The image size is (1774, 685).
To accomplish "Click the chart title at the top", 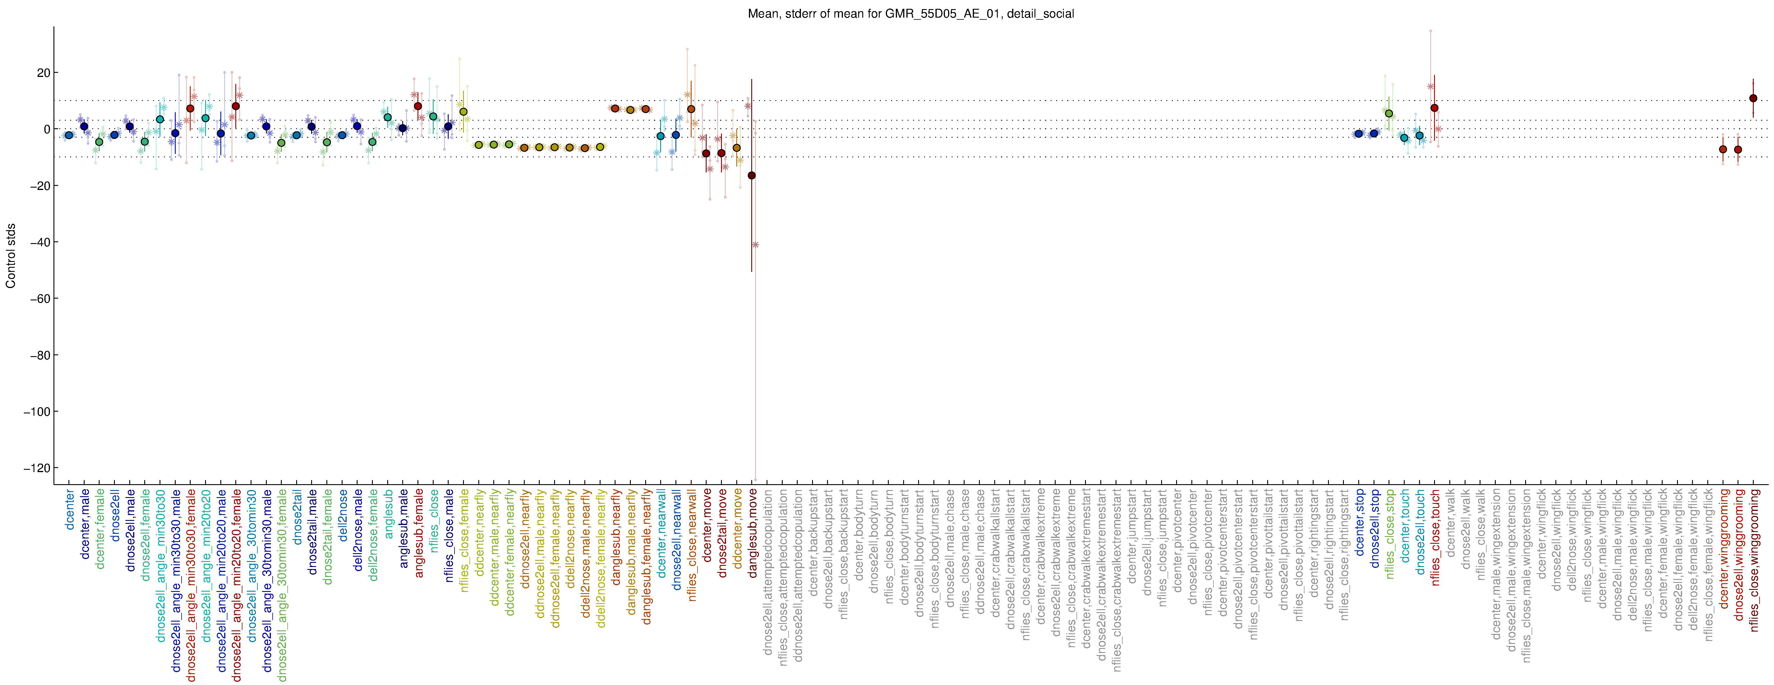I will pos(911,14).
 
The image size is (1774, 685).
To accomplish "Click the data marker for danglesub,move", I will pos(751,176).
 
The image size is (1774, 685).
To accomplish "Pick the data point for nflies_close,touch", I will pos(1434,108).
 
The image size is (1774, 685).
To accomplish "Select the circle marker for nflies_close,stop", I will pos(1389,114).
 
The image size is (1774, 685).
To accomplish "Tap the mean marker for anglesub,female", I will pos(418,106).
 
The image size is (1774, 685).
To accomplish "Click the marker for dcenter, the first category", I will pos(69,135).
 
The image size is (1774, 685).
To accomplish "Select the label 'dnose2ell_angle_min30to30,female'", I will pos(192,585).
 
